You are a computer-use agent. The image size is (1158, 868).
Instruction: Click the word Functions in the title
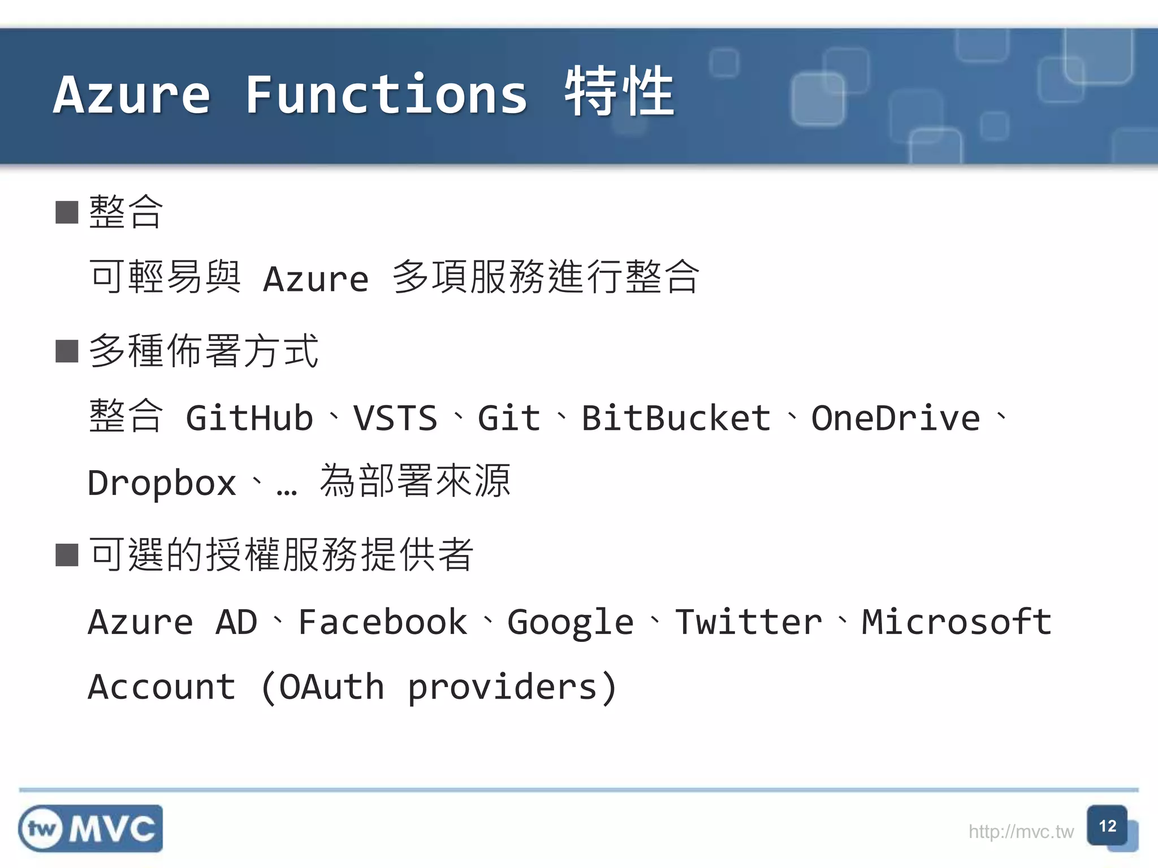click(x=386, y=94)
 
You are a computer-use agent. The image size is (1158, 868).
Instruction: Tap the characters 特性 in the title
click(x=619, y=92)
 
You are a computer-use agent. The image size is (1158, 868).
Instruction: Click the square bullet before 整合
click(x=67, y=212)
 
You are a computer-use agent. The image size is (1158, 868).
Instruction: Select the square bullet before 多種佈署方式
click(x=67, y=351)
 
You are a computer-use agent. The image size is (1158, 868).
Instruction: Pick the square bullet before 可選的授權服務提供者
click(x=67, y=555)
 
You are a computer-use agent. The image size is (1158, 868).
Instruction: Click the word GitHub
click(x=249, y=418)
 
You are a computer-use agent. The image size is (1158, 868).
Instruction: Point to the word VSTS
click(x=395, y=418)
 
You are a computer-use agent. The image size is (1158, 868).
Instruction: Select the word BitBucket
click(x=676, y=418)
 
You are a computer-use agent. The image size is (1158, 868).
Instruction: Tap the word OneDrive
click(x=896, y=418)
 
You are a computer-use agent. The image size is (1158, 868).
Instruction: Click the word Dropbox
click(x=162, y=483)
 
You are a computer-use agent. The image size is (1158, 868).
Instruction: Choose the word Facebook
click(x=382, y=622)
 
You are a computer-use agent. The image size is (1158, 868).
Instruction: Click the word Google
click(x=570, y=623)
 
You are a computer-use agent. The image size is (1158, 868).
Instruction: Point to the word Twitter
click(x=749, y=622)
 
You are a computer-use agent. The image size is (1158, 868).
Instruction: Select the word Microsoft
click(x=956, y=622)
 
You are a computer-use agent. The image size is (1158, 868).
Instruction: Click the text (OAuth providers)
click(x=438, y=687)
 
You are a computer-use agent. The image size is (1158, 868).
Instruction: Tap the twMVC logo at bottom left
click(x=90, y=828)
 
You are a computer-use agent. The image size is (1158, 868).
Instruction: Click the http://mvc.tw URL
click(x=1021, y=832)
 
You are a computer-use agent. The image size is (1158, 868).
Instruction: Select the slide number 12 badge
click(x=1107, y=826)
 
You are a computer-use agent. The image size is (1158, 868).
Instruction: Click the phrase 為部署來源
click(x=415, y=481)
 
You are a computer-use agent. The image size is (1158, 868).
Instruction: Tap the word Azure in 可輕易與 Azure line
click(x=316, y=279)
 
